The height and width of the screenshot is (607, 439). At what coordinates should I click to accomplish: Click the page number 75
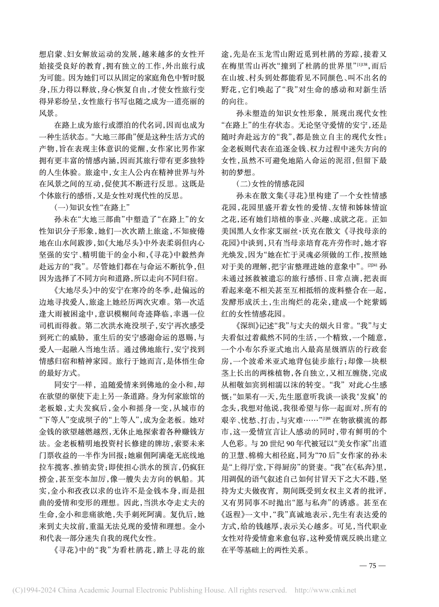[x=373, y=566]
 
